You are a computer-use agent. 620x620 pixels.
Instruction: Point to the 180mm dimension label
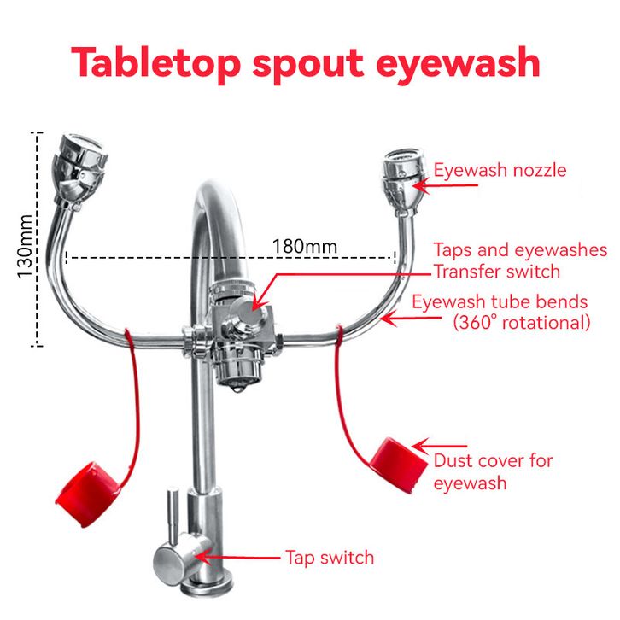(305, 247)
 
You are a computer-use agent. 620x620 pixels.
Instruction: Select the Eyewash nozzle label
(500, 170)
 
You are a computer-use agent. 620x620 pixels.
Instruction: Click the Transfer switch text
(496, 272)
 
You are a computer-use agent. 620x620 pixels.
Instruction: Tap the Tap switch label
(330, 558)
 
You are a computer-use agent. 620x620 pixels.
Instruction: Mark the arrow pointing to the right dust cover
(440, 446)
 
